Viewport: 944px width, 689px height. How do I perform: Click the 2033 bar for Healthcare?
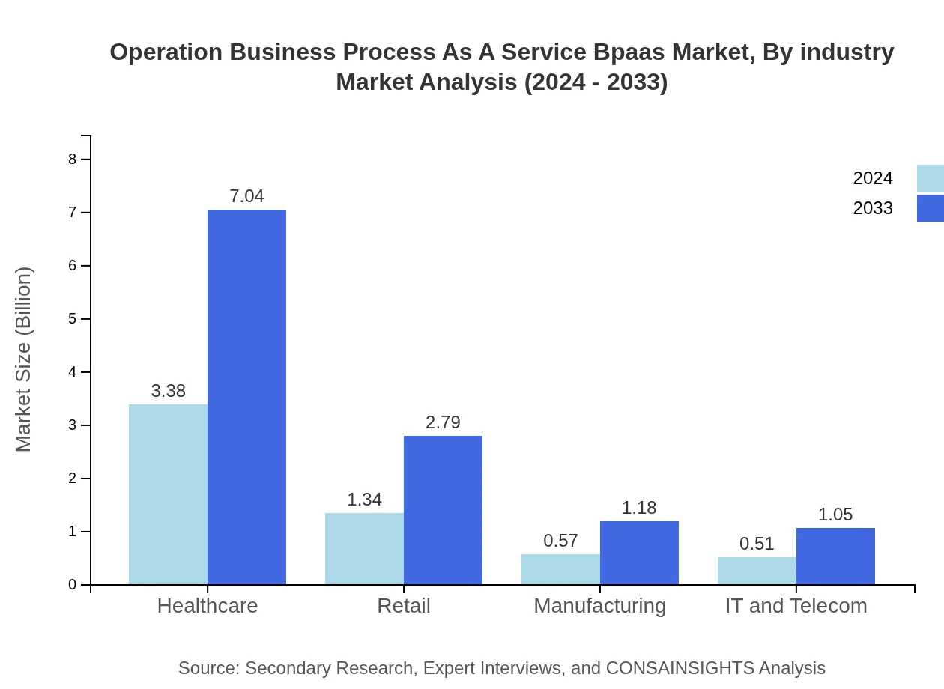[x=246, y=397]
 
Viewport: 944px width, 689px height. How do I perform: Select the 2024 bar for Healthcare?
[x=168, y=494]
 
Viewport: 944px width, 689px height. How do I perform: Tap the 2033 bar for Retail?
[x=443, y=510]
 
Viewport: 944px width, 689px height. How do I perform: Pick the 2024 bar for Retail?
[x=364, y=548]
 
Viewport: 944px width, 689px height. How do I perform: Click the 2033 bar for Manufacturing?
[x=639, y=553]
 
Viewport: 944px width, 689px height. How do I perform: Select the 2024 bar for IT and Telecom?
[x=757, y=571]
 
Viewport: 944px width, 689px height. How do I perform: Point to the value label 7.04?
[x=246, y=196]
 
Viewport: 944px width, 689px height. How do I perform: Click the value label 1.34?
[x=364, y=500]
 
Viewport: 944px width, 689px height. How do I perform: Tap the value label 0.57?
[x=560, y=541]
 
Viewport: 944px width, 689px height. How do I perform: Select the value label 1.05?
[x=835, y=515]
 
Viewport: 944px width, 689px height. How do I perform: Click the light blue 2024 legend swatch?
[x=930, y=178]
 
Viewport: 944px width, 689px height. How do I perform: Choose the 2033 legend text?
[x=873, y=208]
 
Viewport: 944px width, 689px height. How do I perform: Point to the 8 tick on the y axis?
[x=73, y=159]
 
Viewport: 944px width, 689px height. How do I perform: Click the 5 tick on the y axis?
[x=73, y=319]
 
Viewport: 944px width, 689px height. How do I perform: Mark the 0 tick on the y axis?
[x=73, y=585]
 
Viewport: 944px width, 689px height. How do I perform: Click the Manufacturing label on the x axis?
[x=599, y=605]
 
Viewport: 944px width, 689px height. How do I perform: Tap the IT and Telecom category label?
[x=796, y=605]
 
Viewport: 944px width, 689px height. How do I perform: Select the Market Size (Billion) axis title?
[x=24, y=359]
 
